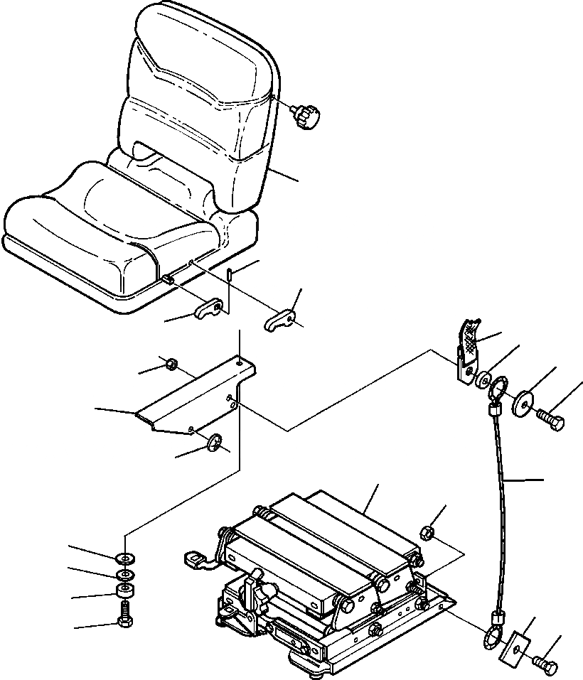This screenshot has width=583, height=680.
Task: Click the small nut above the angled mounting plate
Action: (171, 365)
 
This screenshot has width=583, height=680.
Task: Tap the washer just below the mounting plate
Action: (213, 443)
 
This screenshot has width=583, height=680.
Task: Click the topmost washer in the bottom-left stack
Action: (125, 556)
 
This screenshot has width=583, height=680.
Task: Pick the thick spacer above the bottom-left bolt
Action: (125, 592)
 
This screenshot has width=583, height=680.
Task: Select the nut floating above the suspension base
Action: (427, 532)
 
